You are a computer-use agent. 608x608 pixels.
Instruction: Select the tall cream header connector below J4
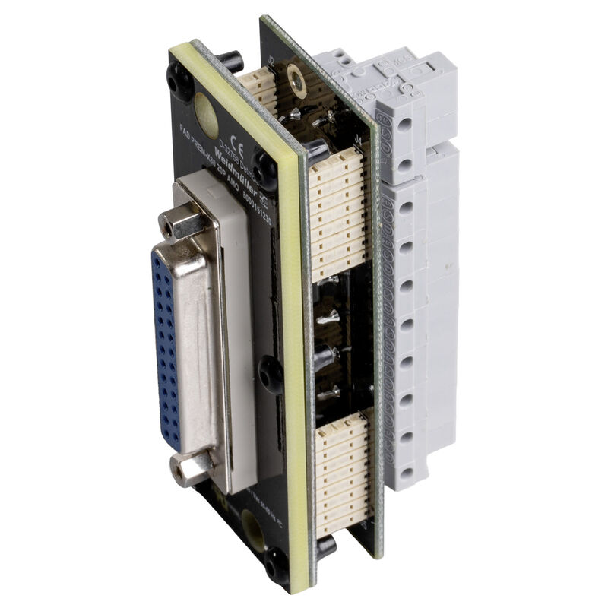335,213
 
